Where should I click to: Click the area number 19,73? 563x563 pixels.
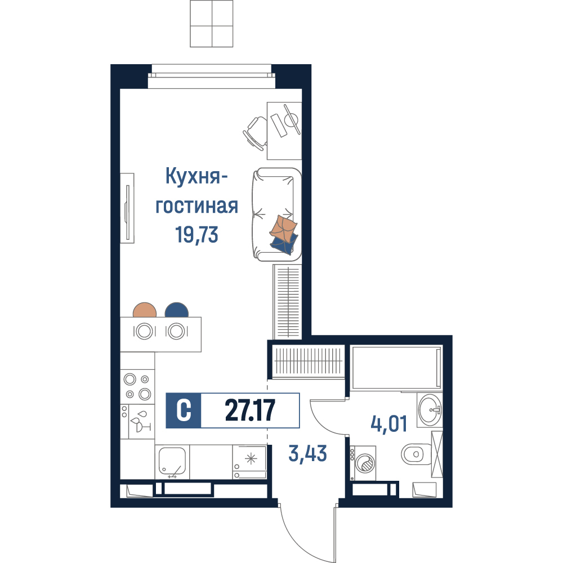(x=196, y=235)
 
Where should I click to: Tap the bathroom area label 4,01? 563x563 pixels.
(x=389, y=424)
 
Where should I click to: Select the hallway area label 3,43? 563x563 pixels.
(x=308, y=453)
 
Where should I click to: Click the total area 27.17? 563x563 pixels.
(x=250, y=410)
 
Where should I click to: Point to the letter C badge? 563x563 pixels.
(x=184, y=410)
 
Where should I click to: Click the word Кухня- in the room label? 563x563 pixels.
(x=196, y=177)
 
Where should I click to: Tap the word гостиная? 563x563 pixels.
(x=196, y=206)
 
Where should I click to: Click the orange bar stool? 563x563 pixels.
(x=145, y=310)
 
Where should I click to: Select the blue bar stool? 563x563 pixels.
(x=177, y=310)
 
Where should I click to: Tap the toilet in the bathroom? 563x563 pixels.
(x=417, y=454)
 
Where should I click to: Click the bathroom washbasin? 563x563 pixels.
(x=430, y=410)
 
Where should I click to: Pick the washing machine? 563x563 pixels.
(x=363, y=463)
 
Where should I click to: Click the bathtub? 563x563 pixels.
(x=396, y=367)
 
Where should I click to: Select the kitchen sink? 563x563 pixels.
(x=172, y=462)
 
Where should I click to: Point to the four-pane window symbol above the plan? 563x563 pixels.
(x=212, y=24)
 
